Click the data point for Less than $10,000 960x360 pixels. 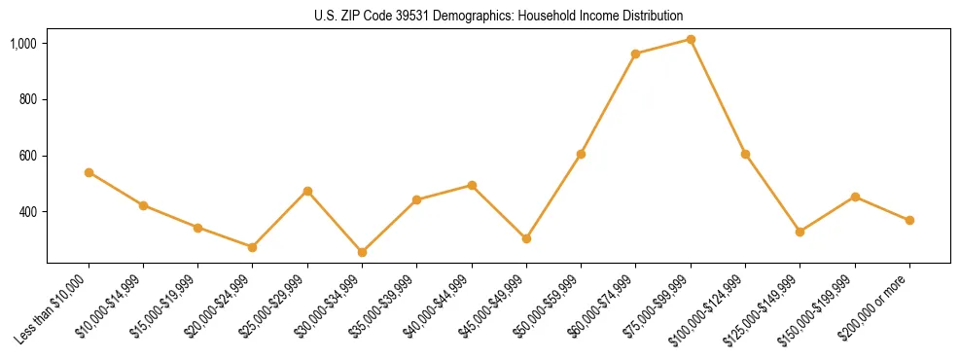(x=89, y=172)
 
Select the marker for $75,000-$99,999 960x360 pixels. (x=691, y=39)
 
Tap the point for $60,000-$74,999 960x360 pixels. (x=635, y=54)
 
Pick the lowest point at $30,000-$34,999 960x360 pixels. (x=362, y=252)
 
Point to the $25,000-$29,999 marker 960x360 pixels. (x=307, y=191)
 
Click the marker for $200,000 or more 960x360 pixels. (x=909, y=220)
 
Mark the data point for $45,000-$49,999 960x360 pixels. (x=526, y=238)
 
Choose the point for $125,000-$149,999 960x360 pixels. (x=800, y=232)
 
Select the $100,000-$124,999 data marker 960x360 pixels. (x=745, y=154)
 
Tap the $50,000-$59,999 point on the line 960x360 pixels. (x=581, y=154)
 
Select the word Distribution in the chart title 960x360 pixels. (x=653, y=17)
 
